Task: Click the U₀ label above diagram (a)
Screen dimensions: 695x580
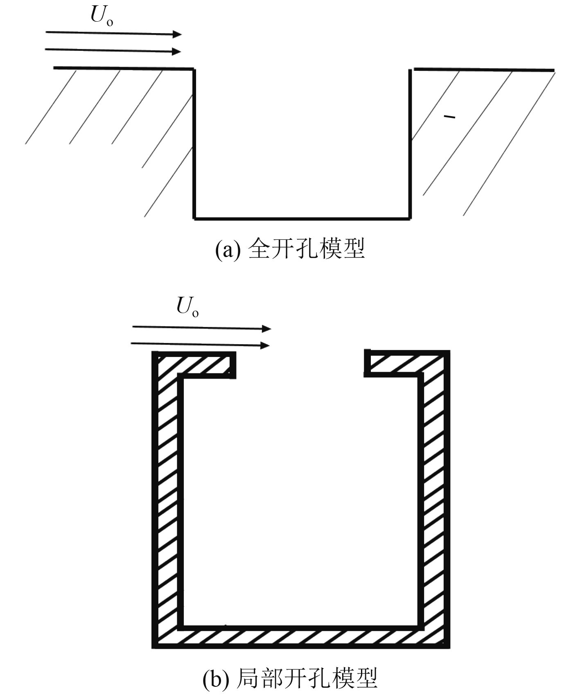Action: (x=101, y=16)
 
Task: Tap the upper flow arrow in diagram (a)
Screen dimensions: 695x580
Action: (x=113, y=33)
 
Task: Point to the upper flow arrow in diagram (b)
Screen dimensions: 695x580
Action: (x=201, y=327)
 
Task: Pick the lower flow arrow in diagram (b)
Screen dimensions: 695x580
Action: (x=200, y=344)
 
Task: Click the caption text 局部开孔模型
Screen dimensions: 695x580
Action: (x=307, y=678)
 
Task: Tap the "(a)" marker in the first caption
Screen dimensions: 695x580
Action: (x=226, y=249)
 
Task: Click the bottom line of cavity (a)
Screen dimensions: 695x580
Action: (x=302, y=218)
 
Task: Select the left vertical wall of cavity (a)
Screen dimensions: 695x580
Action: (x=194, y=143)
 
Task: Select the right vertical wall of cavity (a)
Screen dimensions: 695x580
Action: (x=410, y=143)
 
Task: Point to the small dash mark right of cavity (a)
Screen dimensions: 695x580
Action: (x=449, y=118)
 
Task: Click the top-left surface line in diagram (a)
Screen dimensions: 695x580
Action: (x=123, y=68)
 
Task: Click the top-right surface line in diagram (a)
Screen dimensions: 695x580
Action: (x=484, y=70)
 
